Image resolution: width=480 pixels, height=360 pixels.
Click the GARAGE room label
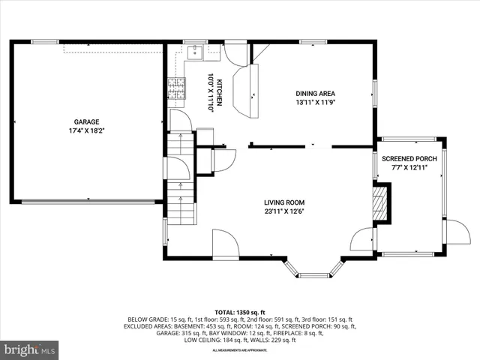pyautogui.click(x=86, y=121)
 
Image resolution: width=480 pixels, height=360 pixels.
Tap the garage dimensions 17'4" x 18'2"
pyautogui.click(x=86, y=130)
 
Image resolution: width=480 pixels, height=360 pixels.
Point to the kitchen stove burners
pyautogui.click(x=175, y=89)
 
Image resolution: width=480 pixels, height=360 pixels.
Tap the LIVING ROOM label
pyautogui.click(x=284, y=202)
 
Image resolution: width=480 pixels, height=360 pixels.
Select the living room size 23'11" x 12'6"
pyautogui.click(x=284, y=211)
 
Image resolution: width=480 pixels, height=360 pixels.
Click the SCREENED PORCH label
pyautogui.click(x=409, y=158)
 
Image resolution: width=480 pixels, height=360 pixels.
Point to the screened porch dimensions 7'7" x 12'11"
pyautogui.click(x=409, y=167)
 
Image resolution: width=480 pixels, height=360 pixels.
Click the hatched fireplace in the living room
pyautogui.click(x=382, y=204)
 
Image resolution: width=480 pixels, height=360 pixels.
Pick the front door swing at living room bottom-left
pyautogui.click(x=225, y=243)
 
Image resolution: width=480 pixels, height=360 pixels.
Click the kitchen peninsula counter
pyautogui.click(x=244, y=90)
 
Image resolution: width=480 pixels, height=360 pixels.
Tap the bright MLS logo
pyautogui.click(x=30, y=349)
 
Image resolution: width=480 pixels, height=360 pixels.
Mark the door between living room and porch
pyautogui.click(x=364, y=240)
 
